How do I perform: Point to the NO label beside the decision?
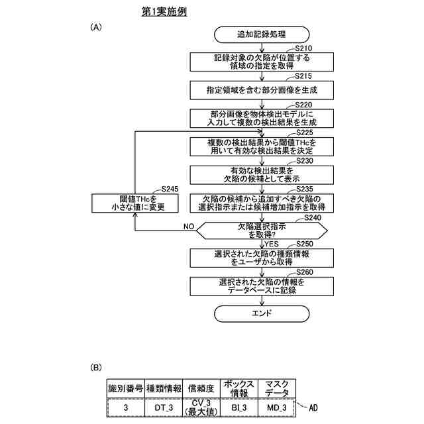tap(189, 226)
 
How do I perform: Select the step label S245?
tap(170, 189)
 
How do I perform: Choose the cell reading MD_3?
tap(276, 407)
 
